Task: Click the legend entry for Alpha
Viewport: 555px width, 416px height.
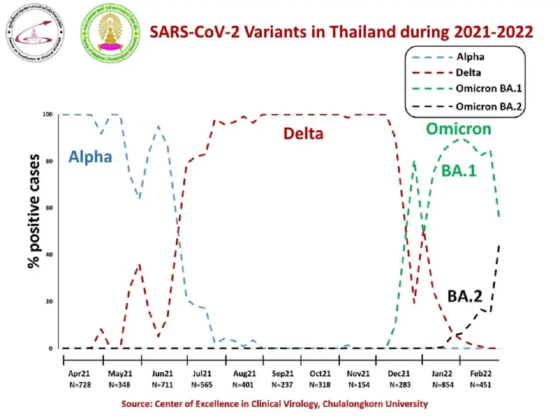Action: click(x=471, y=57)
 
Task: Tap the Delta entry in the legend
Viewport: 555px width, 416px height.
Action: click(x=469, y=73)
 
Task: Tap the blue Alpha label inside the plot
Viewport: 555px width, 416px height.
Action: click(x=90, y=157)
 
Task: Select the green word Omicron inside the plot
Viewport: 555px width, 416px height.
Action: click(x=458, y=129)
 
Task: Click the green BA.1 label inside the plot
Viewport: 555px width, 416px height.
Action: click(x=459, y=171)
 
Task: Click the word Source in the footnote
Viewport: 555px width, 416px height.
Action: click(x=136, y=404)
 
